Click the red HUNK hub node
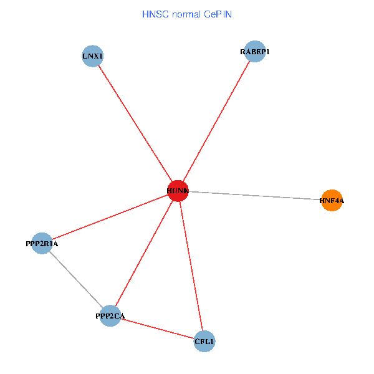pyautogui.click(x=178, y=191)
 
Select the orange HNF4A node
pyautogui.click(x=332, y=201)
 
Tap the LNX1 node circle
pyautogui.click(x=92, y=56)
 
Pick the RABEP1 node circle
pyautogui.click(x=255, y=51)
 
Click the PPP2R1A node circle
pyautogui.click(x=42, y=244)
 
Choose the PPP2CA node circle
pyautogui.click(x=110, y=316)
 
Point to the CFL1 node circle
pyautogui.click(x=204, y=342)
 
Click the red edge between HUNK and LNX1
pyautogui.click(x=135, y=123)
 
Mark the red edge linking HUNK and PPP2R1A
pyautogui.click(x=110, y=217)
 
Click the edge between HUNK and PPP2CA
pyautogui.click(x=144, y=253)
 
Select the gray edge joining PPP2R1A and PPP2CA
pyautogui.click(x=76, y=280)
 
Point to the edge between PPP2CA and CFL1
pyautogui.click(x=157, y=328)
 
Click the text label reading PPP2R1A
pyautogui.click(x=42, y=244)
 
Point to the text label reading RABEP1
pyautogui.click(x=255, y=52)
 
